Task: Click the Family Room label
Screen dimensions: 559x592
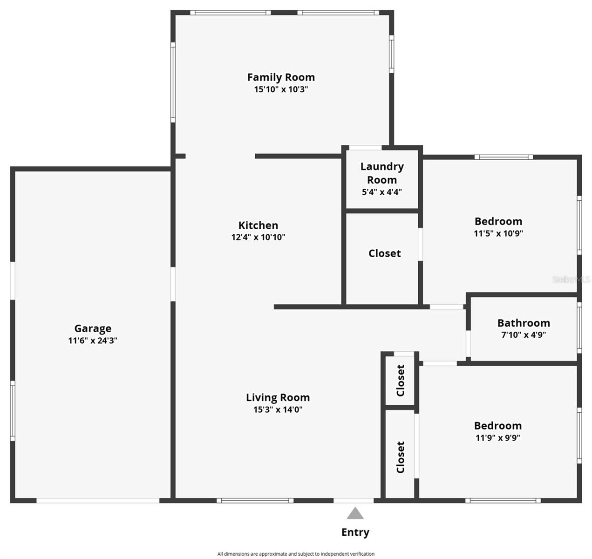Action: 281,77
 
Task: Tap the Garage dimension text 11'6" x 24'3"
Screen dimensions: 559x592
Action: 92,341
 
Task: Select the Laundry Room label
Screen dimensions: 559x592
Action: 382,173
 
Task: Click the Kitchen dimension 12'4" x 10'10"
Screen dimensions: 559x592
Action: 258,237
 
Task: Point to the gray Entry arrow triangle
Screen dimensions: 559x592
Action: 355,514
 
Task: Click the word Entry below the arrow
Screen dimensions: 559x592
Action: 355,532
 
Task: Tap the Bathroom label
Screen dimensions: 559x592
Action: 524,323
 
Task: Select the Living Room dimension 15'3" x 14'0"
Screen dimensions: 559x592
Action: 278,409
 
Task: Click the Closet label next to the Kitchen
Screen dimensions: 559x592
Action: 384,253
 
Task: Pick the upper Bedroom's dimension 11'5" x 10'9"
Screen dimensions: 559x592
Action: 498,233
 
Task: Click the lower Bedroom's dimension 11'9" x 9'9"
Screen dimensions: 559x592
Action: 497,438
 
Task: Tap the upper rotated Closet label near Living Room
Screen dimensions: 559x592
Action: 401,380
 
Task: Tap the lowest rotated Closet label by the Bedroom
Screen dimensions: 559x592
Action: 401,457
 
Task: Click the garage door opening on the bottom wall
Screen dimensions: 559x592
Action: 98,501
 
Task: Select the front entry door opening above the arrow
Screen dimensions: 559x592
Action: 353,501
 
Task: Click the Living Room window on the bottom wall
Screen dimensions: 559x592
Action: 255,501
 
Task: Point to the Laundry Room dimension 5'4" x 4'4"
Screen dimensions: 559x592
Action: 382,192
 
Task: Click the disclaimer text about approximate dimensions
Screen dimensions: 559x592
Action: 296,554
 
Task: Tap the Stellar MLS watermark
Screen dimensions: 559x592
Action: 571,279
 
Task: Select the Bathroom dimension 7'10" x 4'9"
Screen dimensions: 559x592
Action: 524,334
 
